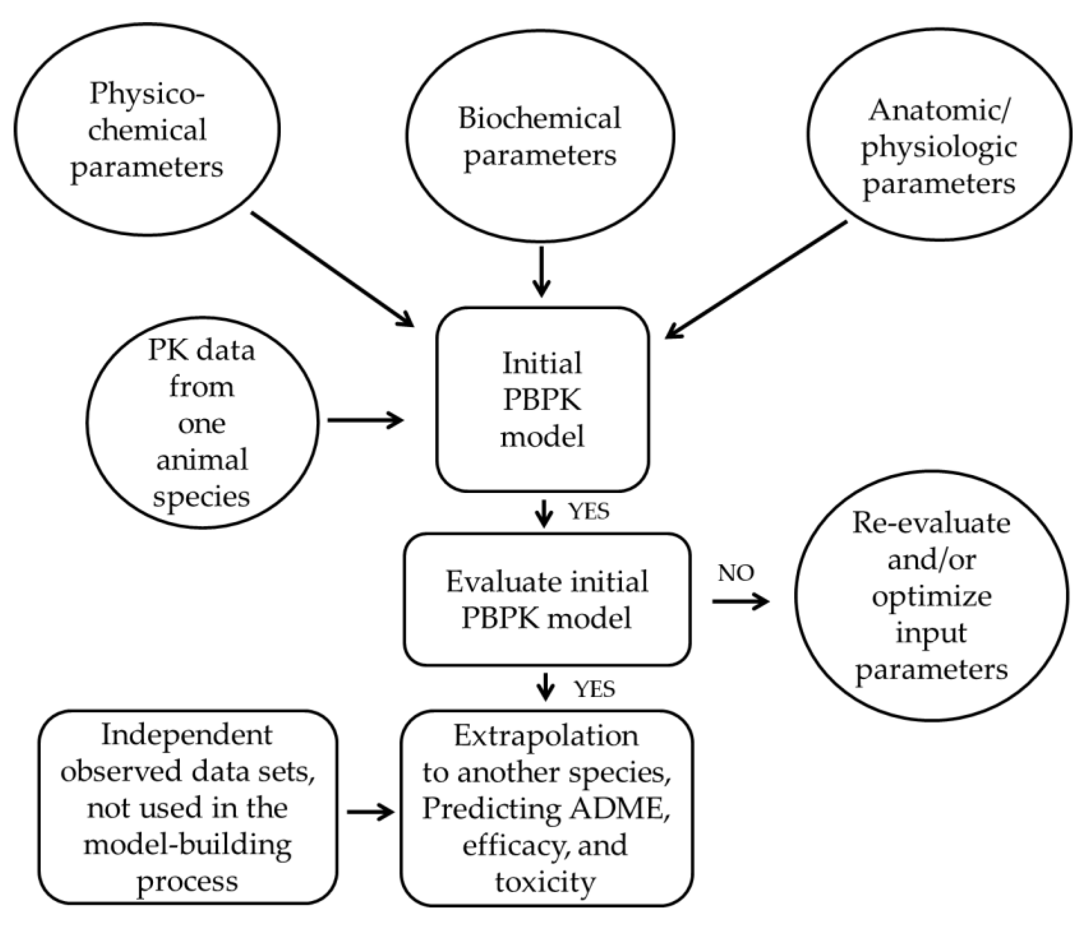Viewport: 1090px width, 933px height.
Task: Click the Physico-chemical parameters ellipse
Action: coord(147,129)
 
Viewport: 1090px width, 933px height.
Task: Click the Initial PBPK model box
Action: coord(542,399)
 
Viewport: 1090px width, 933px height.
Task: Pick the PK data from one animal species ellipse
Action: coord(202,423)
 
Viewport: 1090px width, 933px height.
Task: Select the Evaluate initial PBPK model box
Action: coord(547,599)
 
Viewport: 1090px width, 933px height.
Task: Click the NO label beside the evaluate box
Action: coord(735,573)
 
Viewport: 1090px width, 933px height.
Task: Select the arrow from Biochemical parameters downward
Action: coord(541,272)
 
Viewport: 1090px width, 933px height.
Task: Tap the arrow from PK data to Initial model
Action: coord(366,420)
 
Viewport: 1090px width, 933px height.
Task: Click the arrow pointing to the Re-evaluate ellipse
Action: coord(741,601)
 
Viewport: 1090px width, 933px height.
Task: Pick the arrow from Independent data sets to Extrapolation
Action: coord(370,812)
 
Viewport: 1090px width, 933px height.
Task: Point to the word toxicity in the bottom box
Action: coord(545,882)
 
